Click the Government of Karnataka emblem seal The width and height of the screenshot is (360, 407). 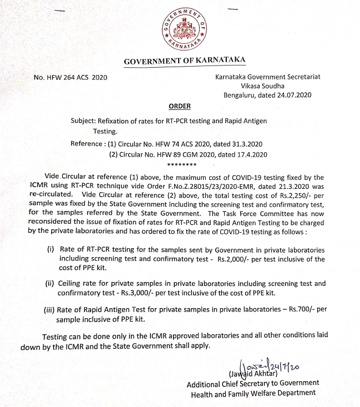pyautogui.click(x=180, y=28)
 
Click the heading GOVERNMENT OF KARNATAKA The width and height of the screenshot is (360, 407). pyautogui.click(x=181, y=61)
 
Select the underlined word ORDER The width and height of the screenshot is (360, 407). pyautogui.click(x=179, y=106)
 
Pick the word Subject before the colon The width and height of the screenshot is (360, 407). pyautogui.click(x=83, y=120)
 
